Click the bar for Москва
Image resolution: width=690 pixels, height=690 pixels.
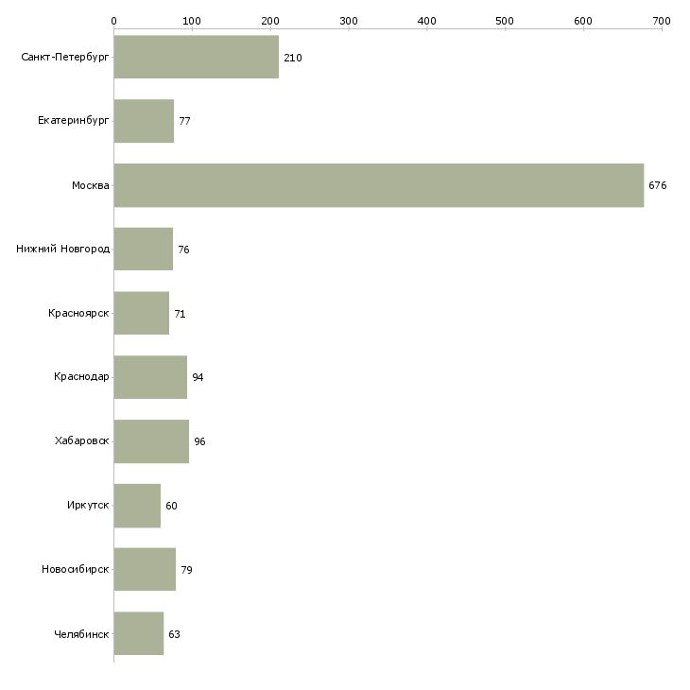(378, 185)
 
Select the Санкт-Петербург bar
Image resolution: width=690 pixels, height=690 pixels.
(196, 57)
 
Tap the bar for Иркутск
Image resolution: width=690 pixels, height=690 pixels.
(137, 506)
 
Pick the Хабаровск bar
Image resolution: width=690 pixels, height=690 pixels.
(151, 441)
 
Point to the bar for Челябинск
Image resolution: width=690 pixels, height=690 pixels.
(138, 633)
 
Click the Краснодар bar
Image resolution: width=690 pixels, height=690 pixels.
(150, 377)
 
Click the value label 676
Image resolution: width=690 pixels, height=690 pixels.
(658, 185)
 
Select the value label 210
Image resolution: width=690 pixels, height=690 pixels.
(293, 58)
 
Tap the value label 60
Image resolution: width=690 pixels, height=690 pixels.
(171, 506)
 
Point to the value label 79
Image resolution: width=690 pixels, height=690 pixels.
(186, 570)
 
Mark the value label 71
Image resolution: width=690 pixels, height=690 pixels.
(180, 314)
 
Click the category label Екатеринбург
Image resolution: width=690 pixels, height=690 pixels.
(74, 121)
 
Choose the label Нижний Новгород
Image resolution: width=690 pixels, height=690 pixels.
(63, 250)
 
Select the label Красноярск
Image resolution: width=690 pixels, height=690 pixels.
(79, 313)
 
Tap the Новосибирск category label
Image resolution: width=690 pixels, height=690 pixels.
(76, 570)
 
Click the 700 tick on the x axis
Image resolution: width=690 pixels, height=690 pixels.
(662, 20)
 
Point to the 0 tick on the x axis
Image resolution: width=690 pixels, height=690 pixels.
(113, 20)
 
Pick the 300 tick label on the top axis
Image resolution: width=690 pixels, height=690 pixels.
(349, 20)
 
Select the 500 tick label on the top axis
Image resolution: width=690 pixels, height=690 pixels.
(505, 20)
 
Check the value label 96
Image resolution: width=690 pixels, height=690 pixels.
(199, 441)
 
